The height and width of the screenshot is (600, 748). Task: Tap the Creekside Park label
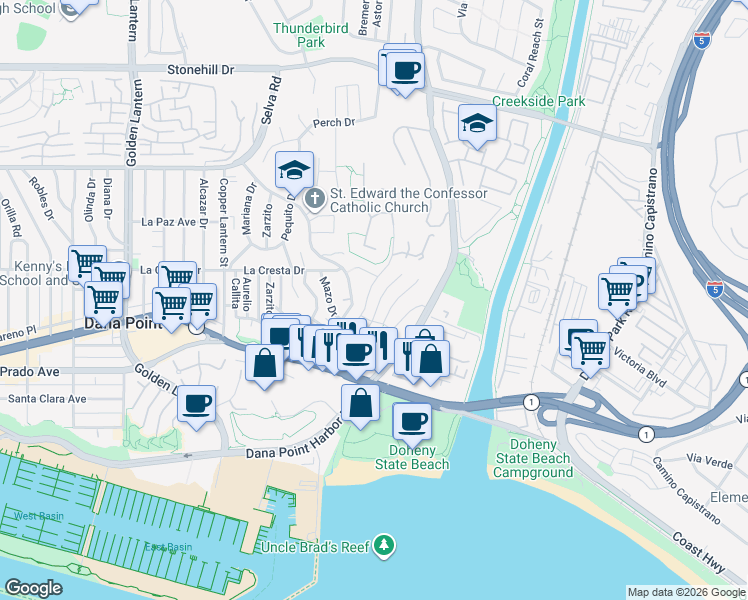point(538,102)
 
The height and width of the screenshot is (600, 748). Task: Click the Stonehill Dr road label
point(200,70)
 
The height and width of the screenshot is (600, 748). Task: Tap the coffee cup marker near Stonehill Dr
point(406,71)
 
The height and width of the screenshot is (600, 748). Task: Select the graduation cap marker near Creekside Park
point(477,124)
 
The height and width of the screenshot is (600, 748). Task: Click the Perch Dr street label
point(334,123)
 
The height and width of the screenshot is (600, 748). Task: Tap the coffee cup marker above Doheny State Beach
point(412,422)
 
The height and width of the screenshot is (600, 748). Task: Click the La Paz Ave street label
point(168,221)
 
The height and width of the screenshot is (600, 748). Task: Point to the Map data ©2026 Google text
point(686,592)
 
